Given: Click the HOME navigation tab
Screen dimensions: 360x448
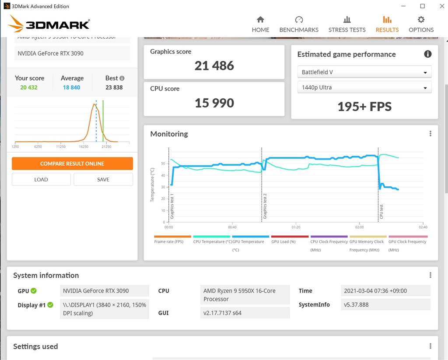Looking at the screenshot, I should [x=260, y=24].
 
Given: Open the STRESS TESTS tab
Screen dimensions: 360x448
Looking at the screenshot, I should [x=347, y=24].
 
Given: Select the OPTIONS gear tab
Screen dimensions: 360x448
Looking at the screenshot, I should [x=421, y=24].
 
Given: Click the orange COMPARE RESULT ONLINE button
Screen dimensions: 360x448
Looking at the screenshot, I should [x=72, y=164].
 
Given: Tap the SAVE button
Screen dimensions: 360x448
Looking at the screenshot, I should [x=103, y=179].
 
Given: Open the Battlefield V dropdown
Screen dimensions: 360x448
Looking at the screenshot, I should [x=364, y=72].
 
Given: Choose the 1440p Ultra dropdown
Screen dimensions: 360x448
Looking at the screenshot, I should [x=364, y=87].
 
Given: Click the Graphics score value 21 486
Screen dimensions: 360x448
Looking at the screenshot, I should [x=214, y=66].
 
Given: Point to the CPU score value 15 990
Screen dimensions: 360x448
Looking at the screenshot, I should [x=214, y=103].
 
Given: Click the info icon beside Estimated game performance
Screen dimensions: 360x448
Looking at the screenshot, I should [x=428, y=54].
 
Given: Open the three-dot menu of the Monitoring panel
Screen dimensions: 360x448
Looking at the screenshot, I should [x=430, y=134].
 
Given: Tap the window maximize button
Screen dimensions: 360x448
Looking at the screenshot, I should [x=422, y=6].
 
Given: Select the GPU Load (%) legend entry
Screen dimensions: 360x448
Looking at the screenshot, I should [x=283, y=241].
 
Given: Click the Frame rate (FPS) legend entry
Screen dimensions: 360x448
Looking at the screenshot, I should [x=169, y=241].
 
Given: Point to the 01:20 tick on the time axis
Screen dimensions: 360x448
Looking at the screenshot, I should [x=296, y=227].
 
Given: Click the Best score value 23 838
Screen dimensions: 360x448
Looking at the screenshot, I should [x=114, y=87].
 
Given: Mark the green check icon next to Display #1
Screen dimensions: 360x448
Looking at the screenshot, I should [x=50, y=305].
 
